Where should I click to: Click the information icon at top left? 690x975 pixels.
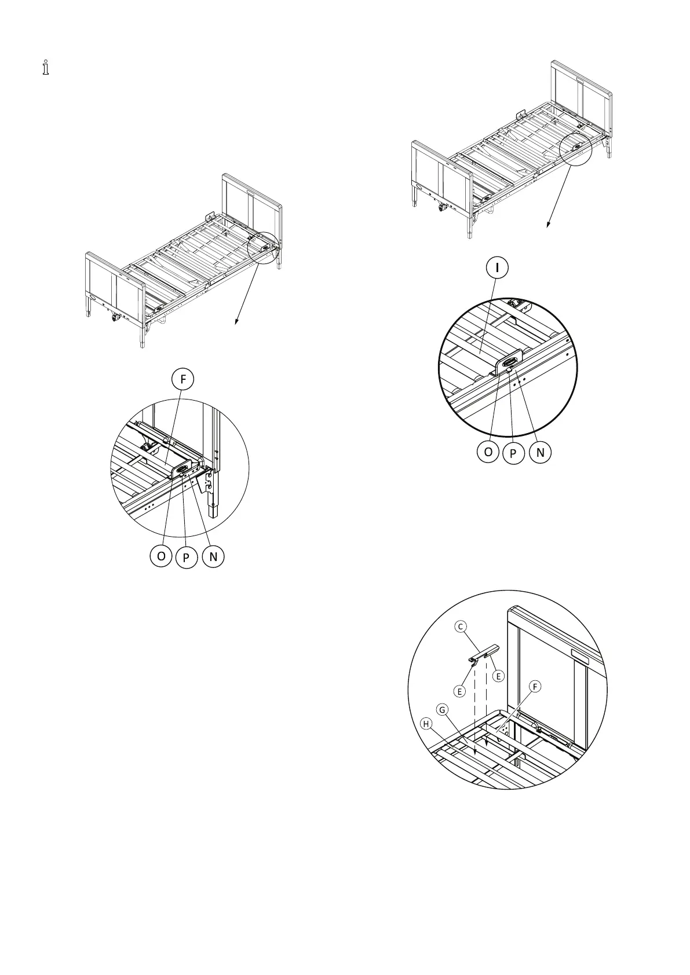pos(46,68)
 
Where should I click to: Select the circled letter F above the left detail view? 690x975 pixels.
pos(183,379)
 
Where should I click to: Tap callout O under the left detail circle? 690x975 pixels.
pos(160,556)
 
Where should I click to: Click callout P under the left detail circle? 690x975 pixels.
pos(187,558)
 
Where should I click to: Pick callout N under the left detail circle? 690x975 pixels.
pos(213,556)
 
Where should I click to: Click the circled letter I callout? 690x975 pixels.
pos(497,267)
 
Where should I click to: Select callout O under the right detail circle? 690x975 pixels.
pos(488,452)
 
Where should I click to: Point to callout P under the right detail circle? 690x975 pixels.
pos(513,454)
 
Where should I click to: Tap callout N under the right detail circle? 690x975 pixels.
pos(540,452)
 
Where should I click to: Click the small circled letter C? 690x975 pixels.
pos(461,626)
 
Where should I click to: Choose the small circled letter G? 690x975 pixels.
pos(442,709)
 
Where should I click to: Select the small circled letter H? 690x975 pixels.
pos(427,724)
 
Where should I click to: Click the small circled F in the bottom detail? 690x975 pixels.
pos(535,686)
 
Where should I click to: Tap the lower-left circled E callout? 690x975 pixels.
pos(460,691)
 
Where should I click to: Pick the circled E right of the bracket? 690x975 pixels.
pos(498,676)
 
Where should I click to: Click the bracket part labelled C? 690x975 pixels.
pos(484,653)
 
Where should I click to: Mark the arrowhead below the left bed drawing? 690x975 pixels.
pos(235,324)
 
